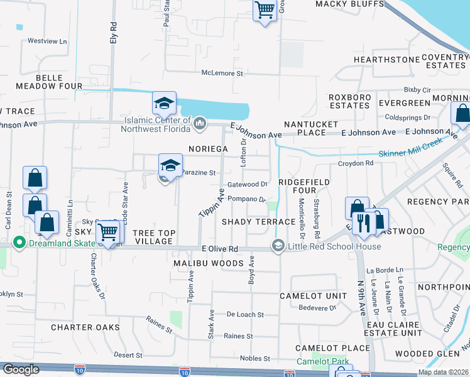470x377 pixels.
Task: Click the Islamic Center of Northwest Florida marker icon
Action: (x=200, y=123)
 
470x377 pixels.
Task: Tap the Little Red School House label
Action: (x=334, y=246)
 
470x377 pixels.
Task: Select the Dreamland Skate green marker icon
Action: (x=19, y=243)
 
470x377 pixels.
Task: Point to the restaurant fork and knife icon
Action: (x=364, y=222)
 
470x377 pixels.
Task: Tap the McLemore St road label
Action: (x=222, y=73)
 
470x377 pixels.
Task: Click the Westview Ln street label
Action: (x=47, y=41)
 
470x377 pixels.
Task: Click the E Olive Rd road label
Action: (x=220, y=249)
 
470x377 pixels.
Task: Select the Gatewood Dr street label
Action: (x=248, y=185)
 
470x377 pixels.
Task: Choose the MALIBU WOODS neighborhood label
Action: (x=208, y=264)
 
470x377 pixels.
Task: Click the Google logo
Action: (x=21, y=369)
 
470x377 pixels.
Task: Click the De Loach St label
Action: (x=244, y=314)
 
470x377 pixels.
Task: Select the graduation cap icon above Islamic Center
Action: (x=164, y=102)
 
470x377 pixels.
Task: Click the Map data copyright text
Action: (x=443, y=372)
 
